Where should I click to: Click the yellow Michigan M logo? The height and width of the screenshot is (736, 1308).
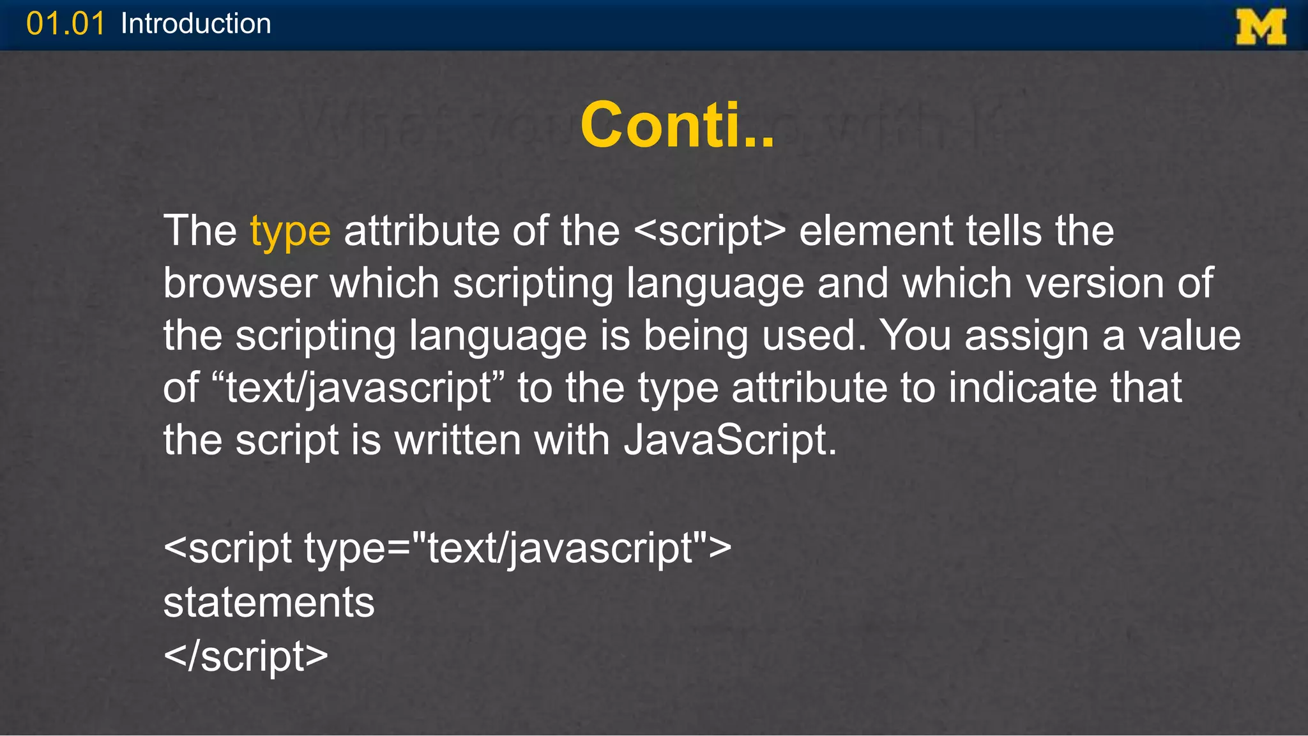pyautogui.click(x=1261, y=27)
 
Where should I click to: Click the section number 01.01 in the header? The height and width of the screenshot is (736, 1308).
pyautogui.click(x=65, y=24)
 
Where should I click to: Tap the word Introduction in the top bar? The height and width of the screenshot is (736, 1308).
pyautogui.click(x=195, y=24)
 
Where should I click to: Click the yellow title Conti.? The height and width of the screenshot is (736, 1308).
pyautogui.click(x=677, y=124)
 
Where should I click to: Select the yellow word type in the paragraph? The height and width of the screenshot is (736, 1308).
pyautogui.click(x=290, y=231)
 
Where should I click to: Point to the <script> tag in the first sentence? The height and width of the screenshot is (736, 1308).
pyautogui.click(x=710, y=230)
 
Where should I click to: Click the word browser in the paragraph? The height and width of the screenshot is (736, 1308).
pyautogui.click(x=240, y=283)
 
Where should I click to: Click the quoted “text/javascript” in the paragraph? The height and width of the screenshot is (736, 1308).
pyautogui.click(x=358, y=387)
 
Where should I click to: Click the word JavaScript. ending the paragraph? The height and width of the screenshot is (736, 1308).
pyautogui.click(x=729, y=440)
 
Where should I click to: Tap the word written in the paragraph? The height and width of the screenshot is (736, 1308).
pyautogui.click(x=457, y=440)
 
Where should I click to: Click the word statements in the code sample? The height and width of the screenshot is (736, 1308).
pyautogui.click(x=269, y=602)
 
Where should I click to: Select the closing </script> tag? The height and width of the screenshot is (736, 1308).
pyautogui.click(x=246, y=656)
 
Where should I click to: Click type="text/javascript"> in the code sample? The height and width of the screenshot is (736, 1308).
pyautogui.click(x=517, y=548)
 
